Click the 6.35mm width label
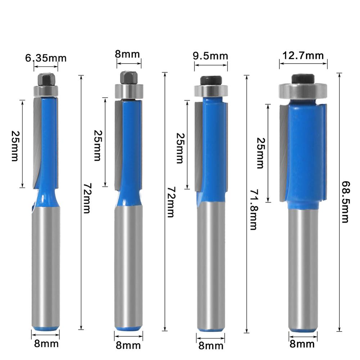tap(46, 58)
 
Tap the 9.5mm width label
tap(211, 56)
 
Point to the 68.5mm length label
tap(345, 202)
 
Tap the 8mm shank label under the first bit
tap(46, 343)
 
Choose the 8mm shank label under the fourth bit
tap(302, 344)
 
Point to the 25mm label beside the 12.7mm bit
tap(260, 153)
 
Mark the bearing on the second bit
tap(129, 91)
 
